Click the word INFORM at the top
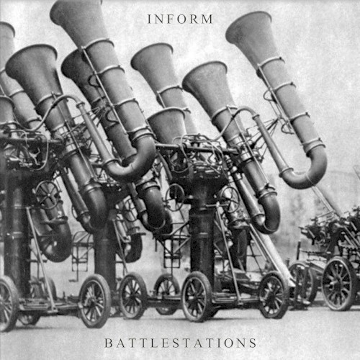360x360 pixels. (180, 19)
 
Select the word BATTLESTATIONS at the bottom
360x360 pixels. (181, 343)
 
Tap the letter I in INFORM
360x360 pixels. (149, 19)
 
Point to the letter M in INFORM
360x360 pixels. (207, 19)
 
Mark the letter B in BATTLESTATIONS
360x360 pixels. (108, 343)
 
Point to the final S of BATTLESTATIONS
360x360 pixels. (252, 343)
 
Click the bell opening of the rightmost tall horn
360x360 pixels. (248, 25)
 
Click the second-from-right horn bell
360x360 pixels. (204, 75)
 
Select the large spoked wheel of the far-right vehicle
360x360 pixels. (339, 284)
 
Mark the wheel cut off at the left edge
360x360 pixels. (6, 304)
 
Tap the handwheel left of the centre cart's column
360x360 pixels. (175, 197)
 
